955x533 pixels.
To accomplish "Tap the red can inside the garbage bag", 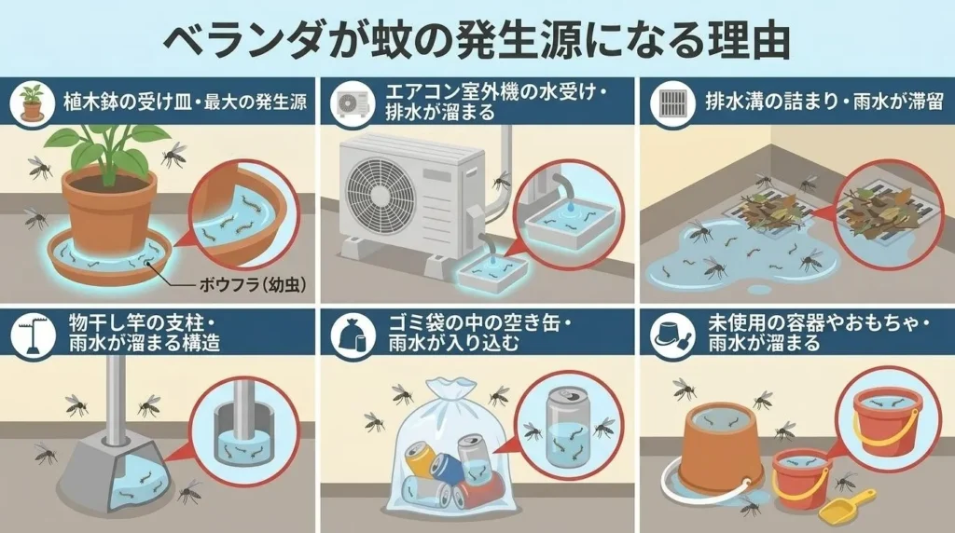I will pos(481,491).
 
